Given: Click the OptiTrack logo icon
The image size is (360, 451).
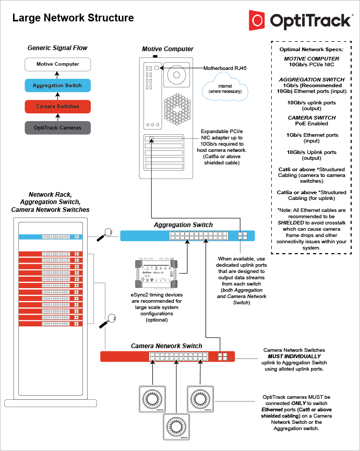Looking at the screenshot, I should point(258,21).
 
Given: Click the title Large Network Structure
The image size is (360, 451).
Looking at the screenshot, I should point(73,18).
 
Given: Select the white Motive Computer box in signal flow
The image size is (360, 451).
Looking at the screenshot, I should point(58,64).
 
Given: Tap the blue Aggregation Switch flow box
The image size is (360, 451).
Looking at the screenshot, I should point(58,86).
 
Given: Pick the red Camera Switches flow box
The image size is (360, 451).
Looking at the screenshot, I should point(58,106).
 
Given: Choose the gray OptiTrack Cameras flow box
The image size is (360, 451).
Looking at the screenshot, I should point(58,128).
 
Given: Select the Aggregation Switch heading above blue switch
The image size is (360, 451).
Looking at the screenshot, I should point(183,225).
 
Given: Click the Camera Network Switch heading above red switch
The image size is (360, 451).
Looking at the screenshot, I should point(166,346).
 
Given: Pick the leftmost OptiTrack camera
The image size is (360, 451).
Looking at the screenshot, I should point(152,399).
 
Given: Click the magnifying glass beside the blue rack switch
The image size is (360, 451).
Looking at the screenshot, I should point(108,233).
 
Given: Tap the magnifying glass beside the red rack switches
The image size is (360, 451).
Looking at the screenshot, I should point(111,318).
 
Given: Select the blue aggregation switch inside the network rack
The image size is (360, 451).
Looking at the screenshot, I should point(51,237).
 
